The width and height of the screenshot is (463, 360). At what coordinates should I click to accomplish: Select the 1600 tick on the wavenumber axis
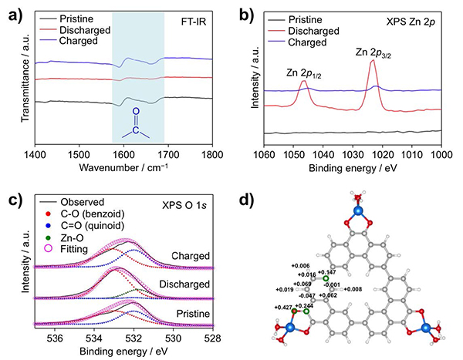[x=113, y=156]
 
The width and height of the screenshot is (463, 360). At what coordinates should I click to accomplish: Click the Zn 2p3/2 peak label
[x=373, y=52]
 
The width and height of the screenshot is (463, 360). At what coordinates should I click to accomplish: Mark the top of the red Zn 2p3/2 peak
[x=373, y=61]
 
